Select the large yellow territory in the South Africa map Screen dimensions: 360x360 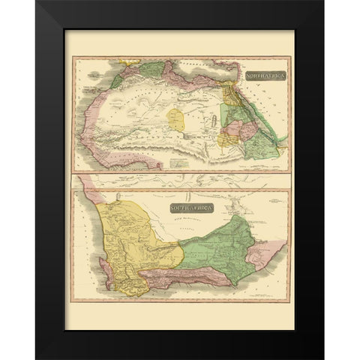tap(142, 232)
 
